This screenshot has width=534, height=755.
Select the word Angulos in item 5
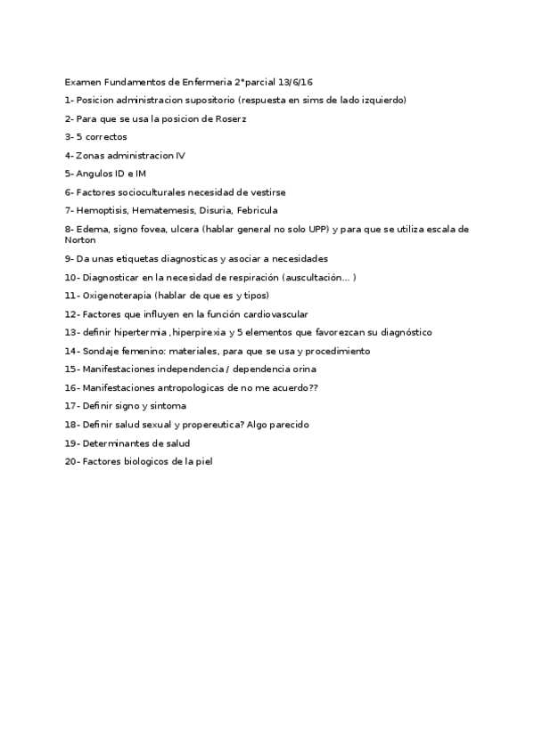click(x=94, y=174)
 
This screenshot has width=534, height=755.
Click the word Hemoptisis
click(x=103, y=210)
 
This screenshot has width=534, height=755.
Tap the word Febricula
click(x=257, y=210)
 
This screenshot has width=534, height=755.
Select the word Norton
click(x=80, y=240)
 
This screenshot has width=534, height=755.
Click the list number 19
click(x=70, y=442)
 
